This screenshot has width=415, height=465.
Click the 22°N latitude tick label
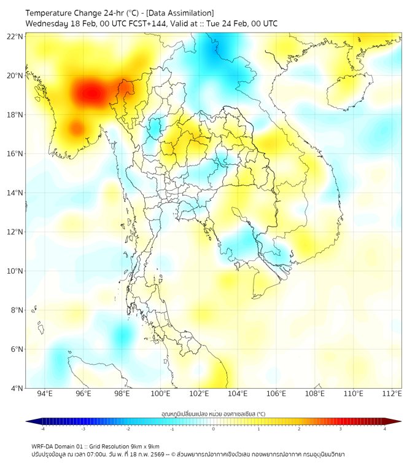click(15, 36)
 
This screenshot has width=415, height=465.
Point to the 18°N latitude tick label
click(15, 114)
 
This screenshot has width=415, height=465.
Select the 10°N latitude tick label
click(15, 271)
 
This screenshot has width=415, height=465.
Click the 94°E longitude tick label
click(45, 394)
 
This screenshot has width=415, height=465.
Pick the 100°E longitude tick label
click(160, 394)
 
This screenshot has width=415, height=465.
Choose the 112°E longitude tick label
click(392, 394)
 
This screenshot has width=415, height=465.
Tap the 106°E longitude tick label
click(276, 394)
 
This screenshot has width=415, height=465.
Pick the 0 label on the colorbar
click(214, 429)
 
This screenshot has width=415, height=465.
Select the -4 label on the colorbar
click(42, 429)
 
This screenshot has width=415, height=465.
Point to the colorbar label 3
click(341, 429)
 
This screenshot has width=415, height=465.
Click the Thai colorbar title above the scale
click(213, 413)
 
